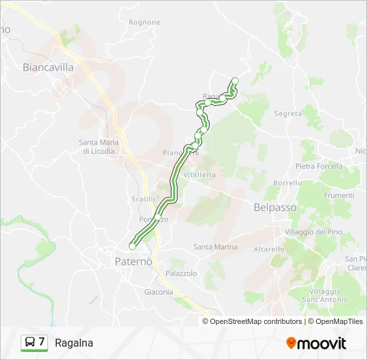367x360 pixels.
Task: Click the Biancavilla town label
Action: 47,67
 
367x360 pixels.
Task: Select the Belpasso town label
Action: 275,207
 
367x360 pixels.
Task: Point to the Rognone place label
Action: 145,22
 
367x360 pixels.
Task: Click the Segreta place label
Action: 288,114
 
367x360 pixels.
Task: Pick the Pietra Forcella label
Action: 319,166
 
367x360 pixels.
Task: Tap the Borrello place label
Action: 288,183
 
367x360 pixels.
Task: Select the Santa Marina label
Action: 216,247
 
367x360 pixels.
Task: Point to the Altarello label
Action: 270,249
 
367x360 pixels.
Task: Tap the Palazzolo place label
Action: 181,273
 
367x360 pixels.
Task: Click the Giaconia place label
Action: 159,291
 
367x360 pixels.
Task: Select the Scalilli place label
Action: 143,199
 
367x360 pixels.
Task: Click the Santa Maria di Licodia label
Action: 97,146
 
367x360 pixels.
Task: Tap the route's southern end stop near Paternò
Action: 133,247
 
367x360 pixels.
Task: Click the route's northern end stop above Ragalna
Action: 235,81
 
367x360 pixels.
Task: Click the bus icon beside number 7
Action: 30,343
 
